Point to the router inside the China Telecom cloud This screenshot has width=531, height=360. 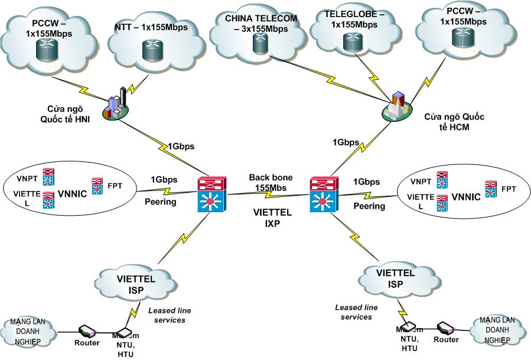259,43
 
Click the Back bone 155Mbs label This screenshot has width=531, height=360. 269,182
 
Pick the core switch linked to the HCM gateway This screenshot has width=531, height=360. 323,194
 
